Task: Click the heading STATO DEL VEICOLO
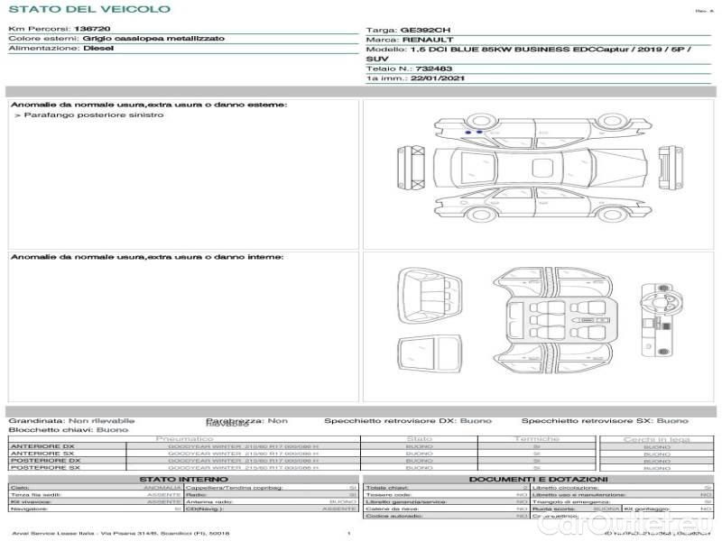[x=88, y=10]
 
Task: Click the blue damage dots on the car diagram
[x=473, y=133]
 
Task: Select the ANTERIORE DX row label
[x=43, y=447]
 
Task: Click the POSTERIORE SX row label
[x=44, y=468]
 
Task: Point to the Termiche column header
[x=536, y=439]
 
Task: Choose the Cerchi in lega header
[x=656, y=439]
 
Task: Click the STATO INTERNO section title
[x=183, y=479]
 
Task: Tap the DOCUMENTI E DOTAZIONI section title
[x=539, y=479]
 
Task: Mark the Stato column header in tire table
[x=420, y=439]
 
